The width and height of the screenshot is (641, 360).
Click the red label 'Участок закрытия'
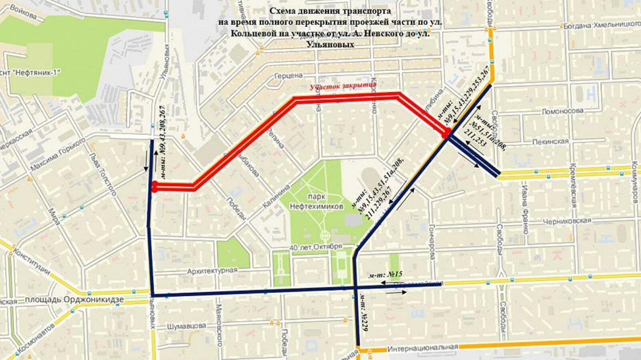343,86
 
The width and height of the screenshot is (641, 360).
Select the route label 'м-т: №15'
386,274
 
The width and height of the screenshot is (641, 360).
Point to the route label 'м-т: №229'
364,312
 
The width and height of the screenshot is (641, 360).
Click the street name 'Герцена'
288,76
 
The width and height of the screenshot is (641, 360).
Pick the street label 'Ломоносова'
562,111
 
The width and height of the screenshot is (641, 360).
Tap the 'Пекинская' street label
550,141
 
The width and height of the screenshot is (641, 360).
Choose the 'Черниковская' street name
567,221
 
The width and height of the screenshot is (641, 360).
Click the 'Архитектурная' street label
212,271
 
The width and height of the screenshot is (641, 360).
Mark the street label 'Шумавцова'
187,326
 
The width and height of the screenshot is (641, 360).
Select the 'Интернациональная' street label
422,348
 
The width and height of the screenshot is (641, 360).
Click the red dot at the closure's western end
154,187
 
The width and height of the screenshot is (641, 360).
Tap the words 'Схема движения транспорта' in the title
330,11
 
